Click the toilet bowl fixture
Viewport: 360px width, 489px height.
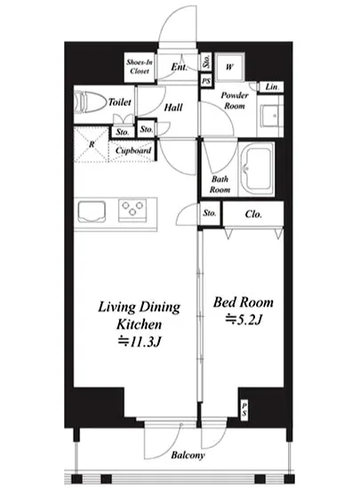91,101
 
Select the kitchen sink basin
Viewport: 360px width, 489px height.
92,212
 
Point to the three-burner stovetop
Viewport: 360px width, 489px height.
132,211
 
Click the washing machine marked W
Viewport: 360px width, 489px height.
229,67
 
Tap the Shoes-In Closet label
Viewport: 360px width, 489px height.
140,67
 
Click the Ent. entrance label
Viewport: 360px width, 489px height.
180,67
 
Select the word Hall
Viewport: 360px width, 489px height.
173,108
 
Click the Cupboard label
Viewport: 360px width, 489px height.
133,150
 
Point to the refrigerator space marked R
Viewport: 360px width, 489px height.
92,144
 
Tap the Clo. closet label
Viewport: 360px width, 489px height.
253,214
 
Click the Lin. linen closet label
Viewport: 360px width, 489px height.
272,87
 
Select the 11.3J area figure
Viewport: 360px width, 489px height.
140,341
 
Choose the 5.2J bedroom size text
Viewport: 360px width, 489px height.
244,319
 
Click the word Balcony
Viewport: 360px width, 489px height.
188,455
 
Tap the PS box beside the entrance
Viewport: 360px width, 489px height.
206,81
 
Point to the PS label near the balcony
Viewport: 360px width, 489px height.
244,410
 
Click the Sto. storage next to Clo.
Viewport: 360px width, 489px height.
210,213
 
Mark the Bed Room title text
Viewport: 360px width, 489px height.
244,302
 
